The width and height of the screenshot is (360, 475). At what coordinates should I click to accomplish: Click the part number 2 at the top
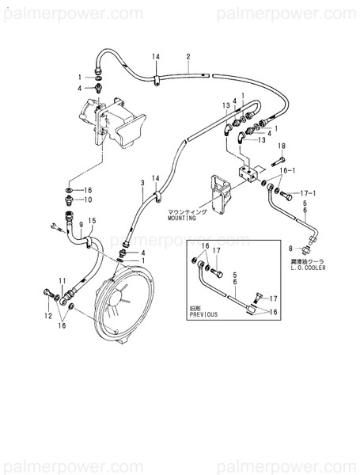click(188, 56)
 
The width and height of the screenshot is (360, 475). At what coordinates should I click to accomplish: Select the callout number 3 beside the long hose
click(142, 183)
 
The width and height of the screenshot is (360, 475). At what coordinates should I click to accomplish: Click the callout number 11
click(63, 281)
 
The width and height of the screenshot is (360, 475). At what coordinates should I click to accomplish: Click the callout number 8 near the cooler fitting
click(290, 248)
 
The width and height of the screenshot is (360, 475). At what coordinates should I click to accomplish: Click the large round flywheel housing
click(127, 309)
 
